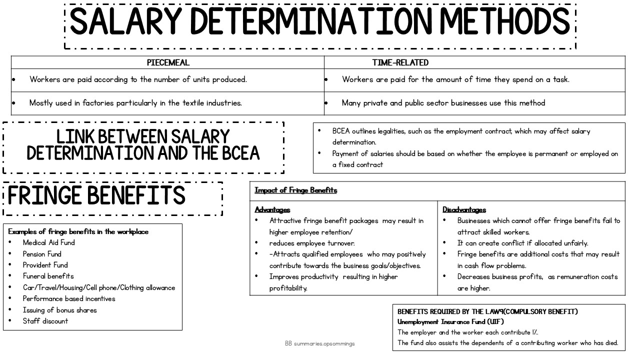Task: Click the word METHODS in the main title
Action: tap(505, 22)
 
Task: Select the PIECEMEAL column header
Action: tap(168, 63)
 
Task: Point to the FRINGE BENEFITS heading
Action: tap(96, 196)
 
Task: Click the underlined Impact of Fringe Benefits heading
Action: tap(295, 190)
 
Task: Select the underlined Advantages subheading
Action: tap(272, 210)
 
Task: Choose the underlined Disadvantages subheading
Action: tap(464, 210)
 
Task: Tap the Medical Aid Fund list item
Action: tap(48, 242)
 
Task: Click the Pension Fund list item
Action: tap(42, 254)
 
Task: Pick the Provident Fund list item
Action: tap(45, 265)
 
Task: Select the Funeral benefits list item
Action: tap(48, 276)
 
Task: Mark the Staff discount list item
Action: tap(45, 321)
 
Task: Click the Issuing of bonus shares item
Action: tap(59, 310)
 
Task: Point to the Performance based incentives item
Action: tap(69, 298)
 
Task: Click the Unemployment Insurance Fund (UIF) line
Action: tap(450, 322)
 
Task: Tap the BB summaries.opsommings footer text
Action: tap(320, 344)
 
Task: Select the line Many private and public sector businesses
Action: tap(443, 103)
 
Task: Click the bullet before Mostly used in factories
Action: tap(14, 103)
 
